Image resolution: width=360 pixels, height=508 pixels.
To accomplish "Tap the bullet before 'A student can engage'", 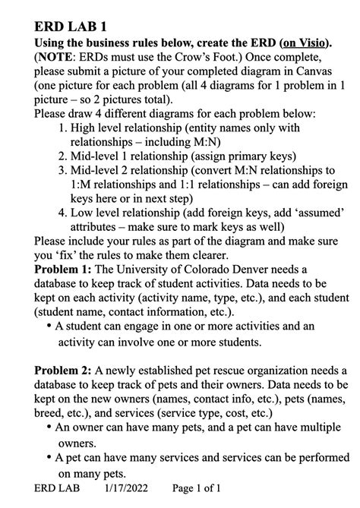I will click(x=49, y=327).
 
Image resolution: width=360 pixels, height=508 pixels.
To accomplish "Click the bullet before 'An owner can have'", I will click(x=49, y=428).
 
